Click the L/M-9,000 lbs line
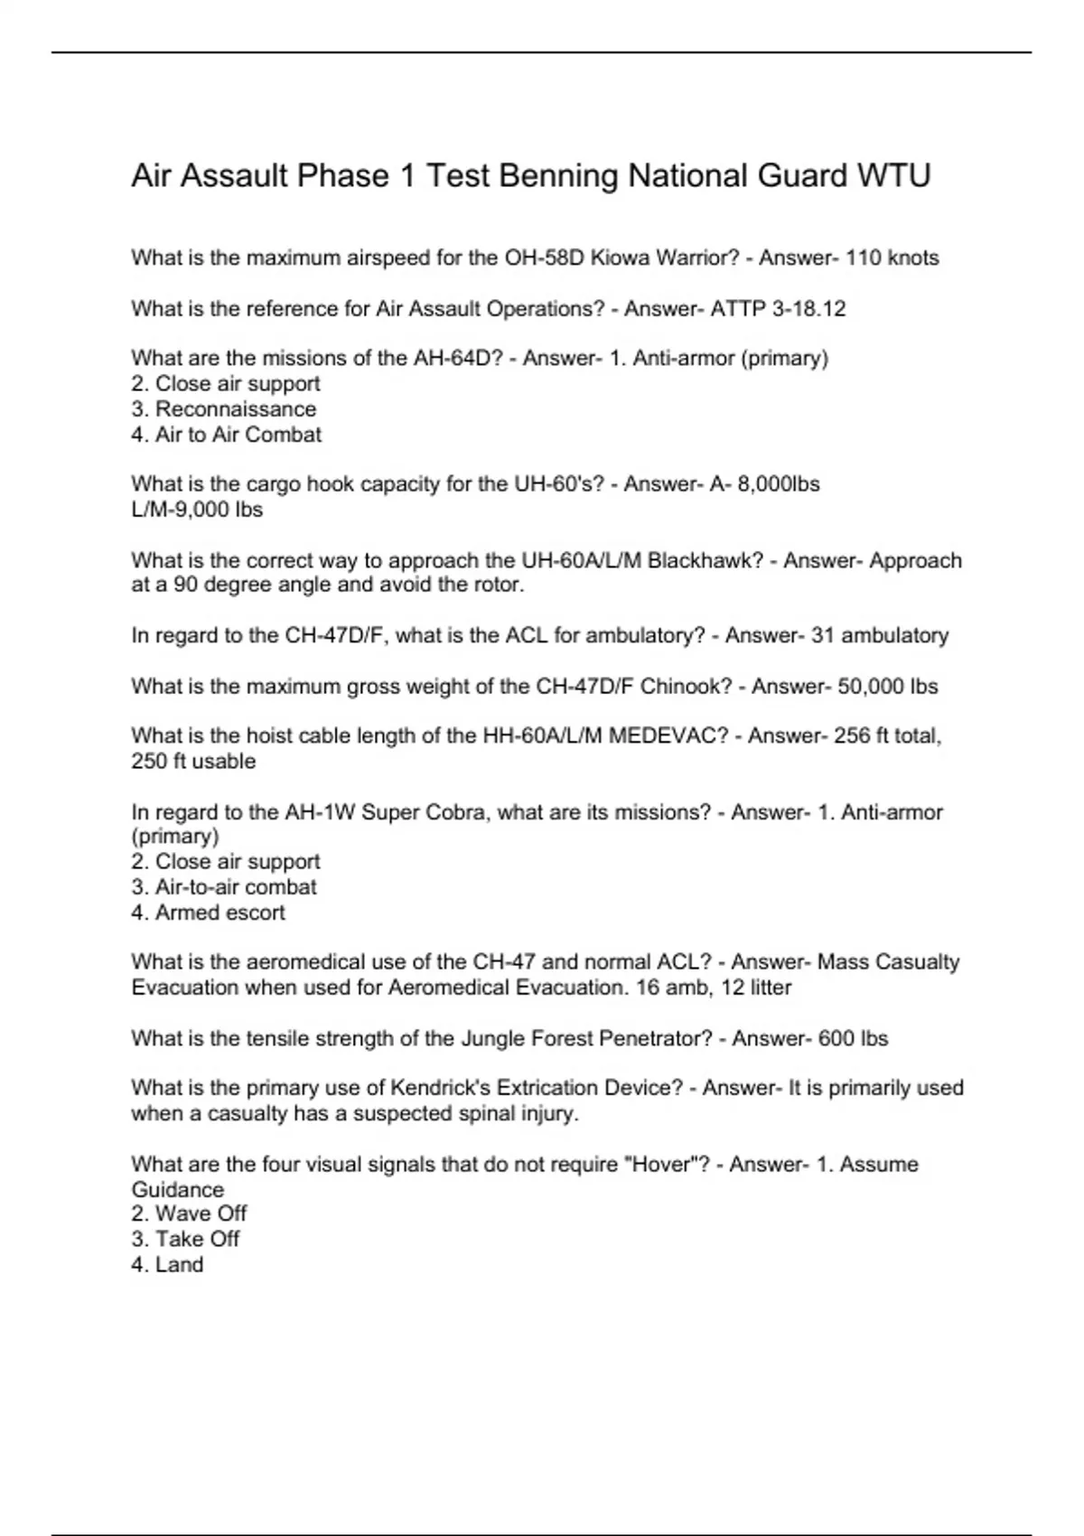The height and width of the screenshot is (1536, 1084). (x=197, y=510)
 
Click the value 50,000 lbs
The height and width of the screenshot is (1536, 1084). (x=887, y=687)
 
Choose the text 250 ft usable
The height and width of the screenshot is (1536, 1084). (x=193, y=762)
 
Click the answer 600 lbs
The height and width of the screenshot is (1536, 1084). (x=853, y=1039)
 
